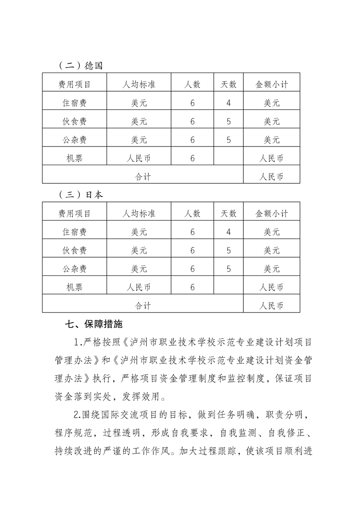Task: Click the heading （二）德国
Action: (x=81, y=65)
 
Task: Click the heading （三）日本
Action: (x=81, y=195)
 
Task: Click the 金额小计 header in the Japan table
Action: (x=271, y=213)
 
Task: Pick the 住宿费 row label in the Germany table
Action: (x=74, y=103)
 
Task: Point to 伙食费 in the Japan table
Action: (x=74, y=250)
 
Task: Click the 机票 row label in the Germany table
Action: (x=74, y=158)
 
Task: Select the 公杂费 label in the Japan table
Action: (x=74, y=269)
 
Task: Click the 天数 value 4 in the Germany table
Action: (x=228, y=103)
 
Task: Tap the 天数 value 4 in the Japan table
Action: (x=228, y=232)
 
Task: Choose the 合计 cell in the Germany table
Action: (x=143, y=177)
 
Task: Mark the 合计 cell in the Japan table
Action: (x=143, y=306)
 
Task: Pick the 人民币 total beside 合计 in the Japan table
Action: (x=271, y=306)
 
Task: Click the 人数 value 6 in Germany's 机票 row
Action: (x=192, y=158)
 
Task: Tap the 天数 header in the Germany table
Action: (x=228, y=84)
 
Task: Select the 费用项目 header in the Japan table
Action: (x=74, y=213)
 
